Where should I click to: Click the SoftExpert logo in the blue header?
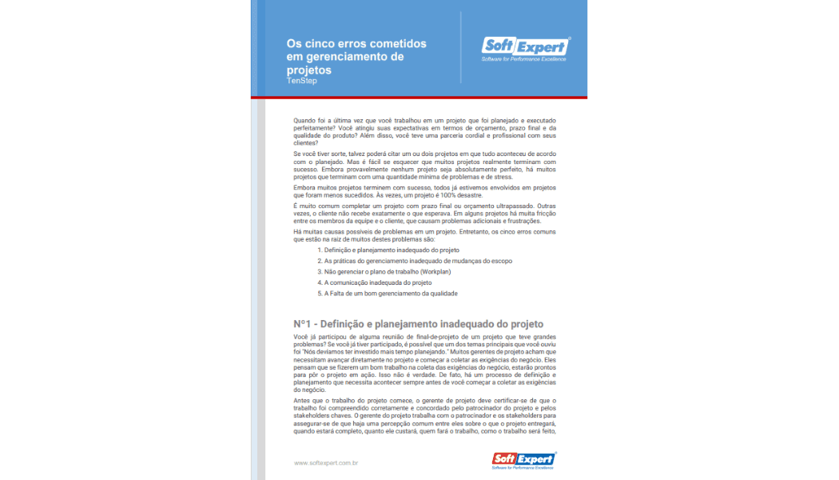(x=524, y=46)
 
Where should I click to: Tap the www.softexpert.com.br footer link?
(x=325, y=462)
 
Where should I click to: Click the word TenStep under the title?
(x=301, y=81)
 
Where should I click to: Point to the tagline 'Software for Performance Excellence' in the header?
(x=523, y=59)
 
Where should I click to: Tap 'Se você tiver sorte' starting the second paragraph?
(x=320, y=153)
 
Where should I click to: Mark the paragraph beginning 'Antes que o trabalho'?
(x=423, y=416)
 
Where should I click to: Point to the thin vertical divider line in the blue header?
(x=461, y=47)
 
